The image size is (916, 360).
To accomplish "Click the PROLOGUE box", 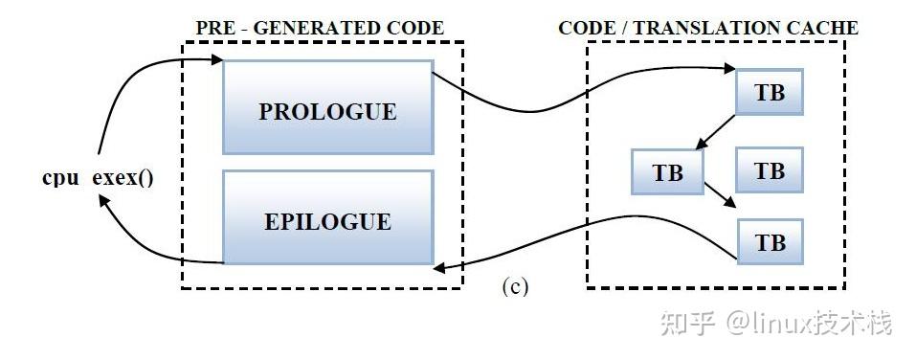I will tap(327, 111).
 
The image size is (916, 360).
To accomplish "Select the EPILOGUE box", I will tap(327, 221).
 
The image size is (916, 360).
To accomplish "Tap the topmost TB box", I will tap(770, 93).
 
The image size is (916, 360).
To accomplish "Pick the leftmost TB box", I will tap(667, 173).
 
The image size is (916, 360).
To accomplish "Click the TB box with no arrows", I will tap(770, 170).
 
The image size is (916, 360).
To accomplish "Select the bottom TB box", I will tap(770, 242).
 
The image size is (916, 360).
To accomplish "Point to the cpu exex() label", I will tap(98, 178).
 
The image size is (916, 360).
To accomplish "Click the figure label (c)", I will tap(515, 286).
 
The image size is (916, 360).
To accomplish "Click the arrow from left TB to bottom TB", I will tap(720, 194).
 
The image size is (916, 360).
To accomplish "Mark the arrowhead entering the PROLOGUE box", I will tap(216, 61).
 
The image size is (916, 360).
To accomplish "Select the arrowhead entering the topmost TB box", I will tap(729, 69).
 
